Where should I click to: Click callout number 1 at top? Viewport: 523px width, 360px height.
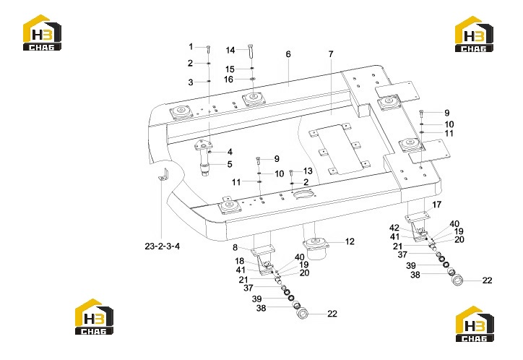pyautogui.click(x=191, y=46)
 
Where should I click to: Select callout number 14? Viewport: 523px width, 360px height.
pyautogui.click(x=230, y=50)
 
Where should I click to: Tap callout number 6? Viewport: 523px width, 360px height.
pyautogui.click(x=288, y=54)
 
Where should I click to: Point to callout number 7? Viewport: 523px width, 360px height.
pyautogui.click(x=331, y=53)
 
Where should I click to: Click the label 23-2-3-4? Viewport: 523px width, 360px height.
pyautogui.click(x=162, y=247)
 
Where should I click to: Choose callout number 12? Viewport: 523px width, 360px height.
pyautogui.click(x=350, y=241)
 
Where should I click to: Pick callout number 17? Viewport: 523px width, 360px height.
pyautogui.click(x=436, y=204)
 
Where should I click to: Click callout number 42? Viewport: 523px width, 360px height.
pyautogui.click(x=394, y=228)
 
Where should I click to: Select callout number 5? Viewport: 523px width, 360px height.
pyautogui.click(x=230, y=164)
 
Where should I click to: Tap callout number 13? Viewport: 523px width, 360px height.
pyautogui.click(x=308, y=171)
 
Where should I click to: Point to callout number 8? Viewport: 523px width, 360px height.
pyautogui.click(x=235, y=247)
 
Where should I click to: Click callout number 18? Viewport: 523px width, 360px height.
pyautogui.click(x=240, y=261)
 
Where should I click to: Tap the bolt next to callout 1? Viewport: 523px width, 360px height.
pyautogui.click(x=208, y=48)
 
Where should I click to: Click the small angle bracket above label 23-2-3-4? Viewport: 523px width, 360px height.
pyautogui.click(x=164, y=176)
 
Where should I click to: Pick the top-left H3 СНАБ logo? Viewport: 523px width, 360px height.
pyautogui.click(x=42, y=33)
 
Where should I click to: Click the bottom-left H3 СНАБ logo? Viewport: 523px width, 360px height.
pyautogui.click(x=94, y=317)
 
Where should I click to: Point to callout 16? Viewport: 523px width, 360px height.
pyautogui.click(x=228, y=80)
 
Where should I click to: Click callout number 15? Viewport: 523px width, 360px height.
pyautogui.click(x=230, y=69)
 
